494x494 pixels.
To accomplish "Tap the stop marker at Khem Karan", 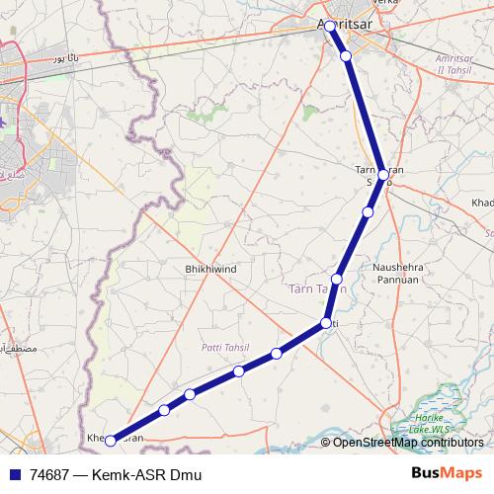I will (111, 441).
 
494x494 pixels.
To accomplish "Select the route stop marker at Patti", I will (325, 324).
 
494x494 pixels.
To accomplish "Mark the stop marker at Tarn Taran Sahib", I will (382, 174).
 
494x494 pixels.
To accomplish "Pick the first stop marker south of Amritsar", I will (346, 55).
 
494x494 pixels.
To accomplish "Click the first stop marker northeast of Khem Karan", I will (164, 410).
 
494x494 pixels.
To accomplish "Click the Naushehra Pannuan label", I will (398, 274).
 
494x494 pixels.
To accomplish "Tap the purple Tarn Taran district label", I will (317, 288).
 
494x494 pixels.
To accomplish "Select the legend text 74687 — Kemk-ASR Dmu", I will (116, 476).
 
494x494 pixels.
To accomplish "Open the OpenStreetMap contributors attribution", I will (407, 443).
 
